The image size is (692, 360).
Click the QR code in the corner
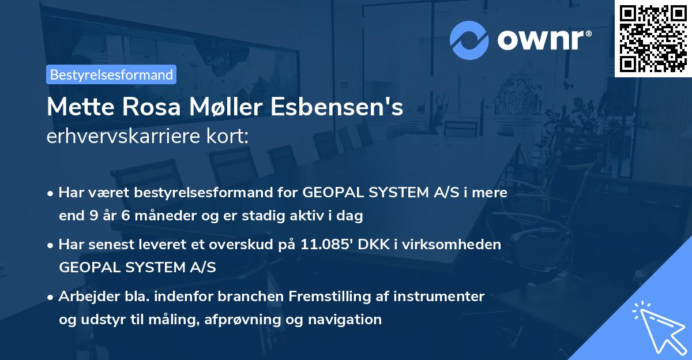653,38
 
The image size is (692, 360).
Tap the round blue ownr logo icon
469,40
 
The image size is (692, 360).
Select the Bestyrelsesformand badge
111,74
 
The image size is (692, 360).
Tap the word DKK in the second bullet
369,245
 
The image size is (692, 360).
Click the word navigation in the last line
345,319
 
